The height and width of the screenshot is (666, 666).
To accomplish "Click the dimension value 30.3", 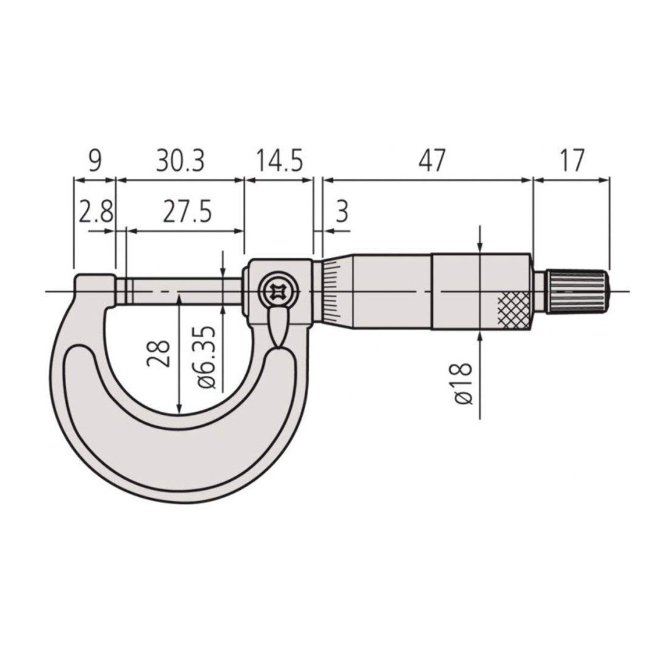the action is (x=180, y=160).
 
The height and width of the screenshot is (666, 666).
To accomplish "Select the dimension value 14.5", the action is (x=279, y=160).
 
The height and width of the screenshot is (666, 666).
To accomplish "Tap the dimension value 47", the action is (x=432, y=160).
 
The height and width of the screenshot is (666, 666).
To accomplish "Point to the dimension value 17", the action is (x=572, y=160).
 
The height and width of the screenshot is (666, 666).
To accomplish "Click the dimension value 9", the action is (x=94, y=160).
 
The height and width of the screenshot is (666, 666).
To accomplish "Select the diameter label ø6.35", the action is (x=207, y=357).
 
